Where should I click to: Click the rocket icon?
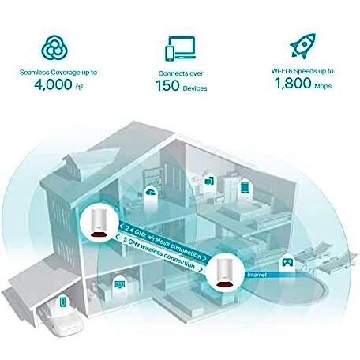pos(302,46)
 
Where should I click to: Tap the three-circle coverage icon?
pos(54,48)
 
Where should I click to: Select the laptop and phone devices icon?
pos(181,49)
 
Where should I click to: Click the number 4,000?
pos(53,84)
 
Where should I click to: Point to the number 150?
pos(167,86)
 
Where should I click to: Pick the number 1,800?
pos(293,84)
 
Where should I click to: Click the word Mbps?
pos(323,86)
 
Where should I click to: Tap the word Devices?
pos(195,88)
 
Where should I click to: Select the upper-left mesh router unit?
pos(99,223)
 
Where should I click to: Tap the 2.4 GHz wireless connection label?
pos(163,242)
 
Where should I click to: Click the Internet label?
pos(257,275)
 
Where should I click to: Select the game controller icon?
pos(287,262)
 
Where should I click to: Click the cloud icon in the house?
pos(151,192)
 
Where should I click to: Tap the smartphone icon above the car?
pos(62,302)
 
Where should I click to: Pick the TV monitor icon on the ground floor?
pos(120,284)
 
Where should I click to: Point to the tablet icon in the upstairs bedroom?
pos(245,187)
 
